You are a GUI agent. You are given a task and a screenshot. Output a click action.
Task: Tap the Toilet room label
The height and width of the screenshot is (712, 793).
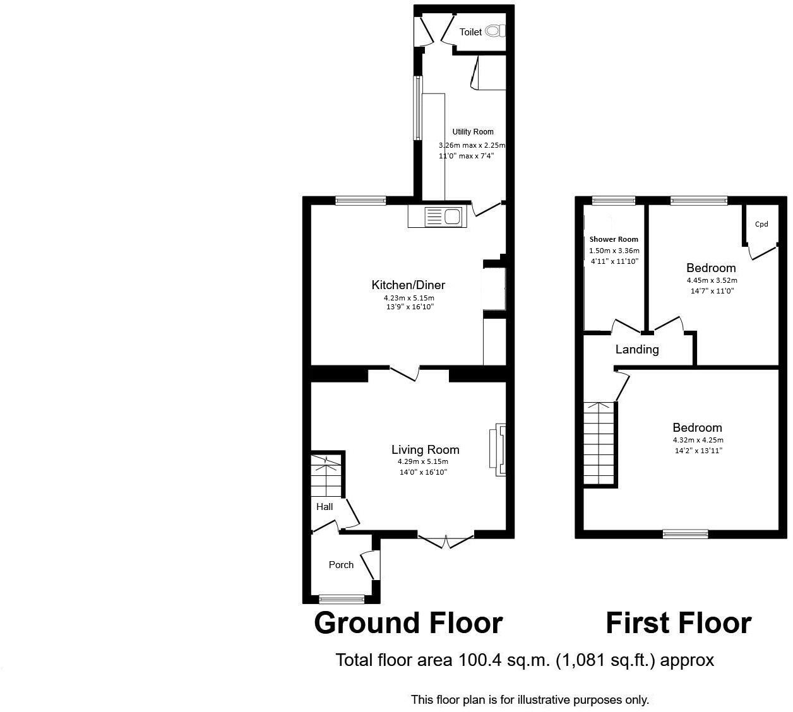470,32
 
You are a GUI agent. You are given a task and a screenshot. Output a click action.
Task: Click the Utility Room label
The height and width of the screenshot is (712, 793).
473,132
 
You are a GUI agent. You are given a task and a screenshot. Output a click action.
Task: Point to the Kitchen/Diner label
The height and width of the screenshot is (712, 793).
408,285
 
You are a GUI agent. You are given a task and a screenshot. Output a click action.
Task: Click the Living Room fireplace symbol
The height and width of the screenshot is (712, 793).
498,449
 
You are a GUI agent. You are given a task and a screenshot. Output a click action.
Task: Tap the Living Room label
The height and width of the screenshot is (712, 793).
425,449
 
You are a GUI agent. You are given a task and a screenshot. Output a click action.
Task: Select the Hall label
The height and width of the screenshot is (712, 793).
325,506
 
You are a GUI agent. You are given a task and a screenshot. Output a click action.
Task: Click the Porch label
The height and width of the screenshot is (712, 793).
341,564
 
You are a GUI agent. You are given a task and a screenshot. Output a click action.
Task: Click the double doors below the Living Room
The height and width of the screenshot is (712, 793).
446,540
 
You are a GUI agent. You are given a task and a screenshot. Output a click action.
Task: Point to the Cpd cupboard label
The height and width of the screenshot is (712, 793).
761,224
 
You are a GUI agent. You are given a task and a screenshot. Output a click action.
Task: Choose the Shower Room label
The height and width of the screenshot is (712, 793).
614,239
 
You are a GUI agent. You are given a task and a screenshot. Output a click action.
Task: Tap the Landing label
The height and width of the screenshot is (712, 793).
637,349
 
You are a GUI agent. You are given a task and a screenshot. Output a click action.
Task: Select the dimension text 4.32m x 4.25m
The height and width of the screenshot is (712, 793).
698,440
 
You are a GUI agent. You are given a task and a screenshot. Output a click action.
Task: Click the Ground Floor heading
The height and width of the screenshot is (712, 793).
408,623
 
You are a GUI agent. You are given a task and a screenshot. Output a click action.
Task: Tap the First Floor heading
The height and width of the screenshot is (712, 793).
678,623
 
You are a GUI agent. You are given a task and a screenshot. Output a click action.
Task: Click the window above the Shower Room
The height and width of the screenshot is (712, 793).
614,201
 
